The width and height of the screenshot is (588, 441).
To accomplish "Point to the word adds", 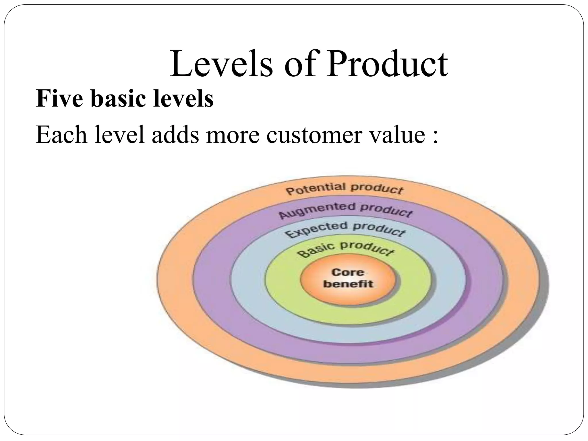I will (x=175, y=135).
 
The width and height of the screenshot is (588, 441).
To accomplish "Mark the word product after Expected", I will (x=379, y=230).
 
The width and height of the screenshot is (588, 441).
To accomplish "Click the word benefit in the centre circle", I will (x=348, y=284).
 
